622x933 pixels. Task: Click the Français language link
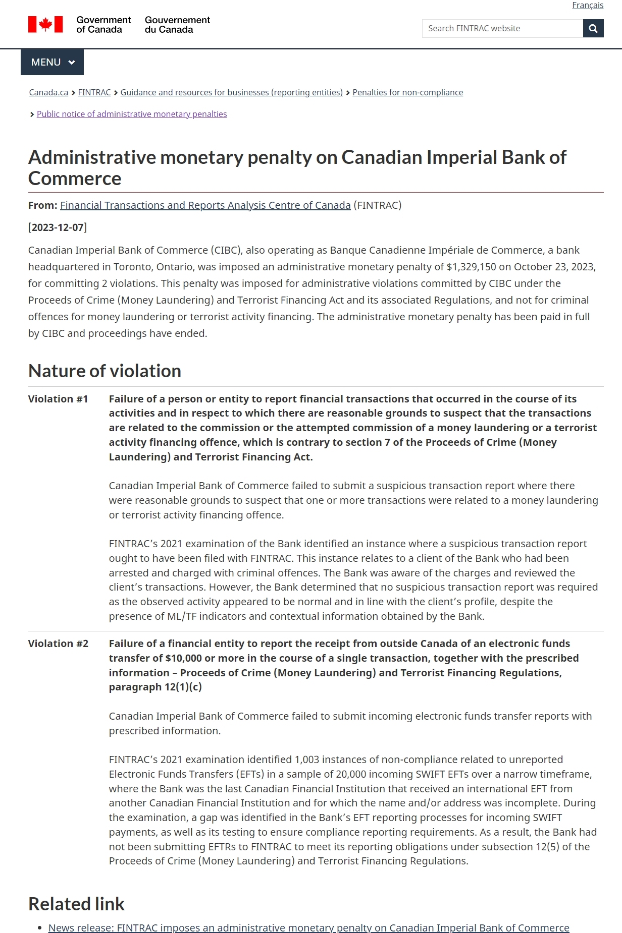(x=587, y=6)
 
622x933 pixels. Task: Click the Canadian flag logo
(x=45, y=24)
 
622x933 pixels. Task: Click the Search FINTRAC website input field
(x=502, y=29)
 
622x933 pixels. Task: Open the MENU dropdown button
(x=53, y=63)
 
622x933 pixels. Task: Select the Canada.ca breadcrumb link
(x=48, y=92)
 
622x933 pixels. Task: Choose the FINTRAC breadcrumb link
(x=94, y=92)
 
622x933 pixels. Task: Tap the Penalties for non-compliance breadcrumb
(x=407, y=92)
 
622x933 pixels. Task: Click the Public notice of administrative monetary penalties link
(x=132, y=114)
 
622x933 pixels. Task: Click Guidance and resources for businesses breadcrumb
(x=231, y=92)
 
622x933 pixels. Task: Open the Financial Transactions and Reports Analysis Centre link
(x=205, y=205)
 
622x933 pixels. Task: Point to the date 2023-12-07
(x=58, y=227)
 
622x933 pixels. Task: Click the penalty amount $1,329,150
(x=471, y=267)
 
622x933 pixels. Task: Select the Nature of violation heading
(x=105, y=371)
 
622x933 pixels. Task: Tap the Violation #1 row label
(x=58, y=399)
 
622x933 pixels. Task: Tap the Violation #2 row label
(x=58, y=644)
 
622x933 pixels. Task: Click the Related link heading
(x=76, y=904)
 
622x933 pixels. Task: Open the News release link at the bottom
(x=308, y=928)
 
